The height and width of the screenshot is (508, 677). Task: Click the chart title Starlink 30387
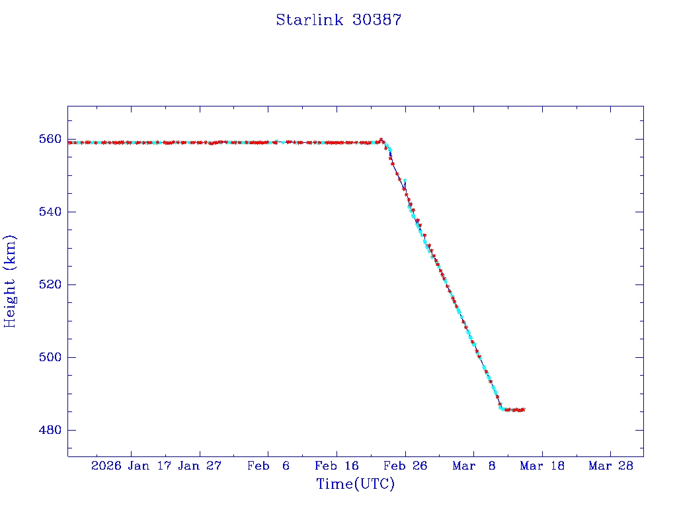point(338,20)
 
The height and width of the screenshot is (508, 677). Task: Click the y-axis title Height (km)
point(11,281)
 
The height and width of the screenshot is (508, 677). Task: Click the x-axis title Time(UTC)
point(355,484)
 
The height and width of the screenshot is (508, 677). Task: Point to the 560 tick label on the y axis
point(50,139)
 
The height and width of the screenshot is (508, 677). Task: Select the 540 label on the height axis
point(50,212)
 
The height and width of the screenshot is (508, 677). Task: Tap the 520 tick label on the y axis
point(50,284)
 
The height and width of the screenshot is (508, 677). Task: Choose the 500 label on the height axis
point(50,357)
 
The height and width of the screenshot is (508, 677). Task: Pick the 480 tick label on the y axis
point(50,430)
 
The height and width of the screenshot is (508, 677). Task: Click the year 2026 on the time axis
point(106,466)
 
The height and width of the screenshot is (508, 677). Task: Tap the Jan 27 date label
point(200,466)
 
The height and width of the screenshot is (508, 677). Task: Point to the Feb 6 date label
point(268,466)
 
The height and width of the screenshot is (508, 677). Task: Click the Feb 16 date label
point(337,466)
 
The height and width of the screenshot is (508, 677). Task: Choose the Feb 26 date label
point(405,466)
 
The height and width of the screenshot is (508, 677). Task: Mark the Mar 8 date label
point(474,466)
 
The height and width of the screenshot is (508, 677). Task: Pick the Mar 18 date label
point(542,466)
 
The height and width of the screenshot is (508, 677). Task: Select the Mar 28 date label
point(611,466)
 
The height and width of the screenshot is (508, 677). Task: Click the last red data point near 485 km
point(523,409)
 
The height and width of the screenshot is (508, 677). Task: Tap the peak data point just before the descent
point(381,140)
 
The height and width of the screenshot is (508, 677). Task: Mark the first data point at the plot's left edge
point(70,142)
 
